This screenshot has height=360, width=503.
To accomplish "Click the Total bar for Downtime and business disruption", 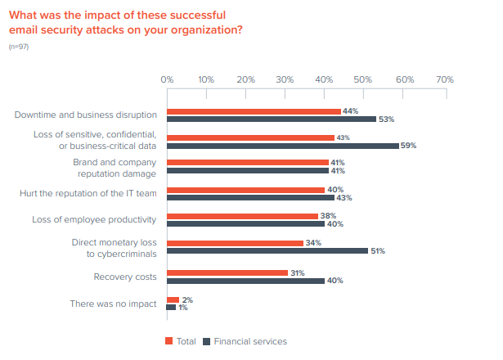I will coord(254,110).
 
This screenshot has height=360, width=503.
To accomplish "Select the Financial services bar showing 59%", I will coord(283,146).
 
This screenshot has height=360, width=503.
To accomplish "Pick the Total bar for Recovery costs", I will coord(227,272).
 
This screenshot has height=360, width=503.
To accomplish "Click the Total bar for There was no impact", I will coord(172,299).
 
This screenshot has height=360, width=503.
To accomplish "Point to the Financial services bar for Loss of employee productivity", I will coord(245,224).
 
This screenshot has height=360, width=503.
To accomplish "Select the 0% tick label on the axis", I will coord(167,80).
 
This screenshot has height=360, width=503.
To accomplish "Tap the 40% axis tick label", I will coord(325,80).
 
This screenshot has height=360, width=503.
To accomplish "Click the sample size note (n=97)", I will coord(17,47).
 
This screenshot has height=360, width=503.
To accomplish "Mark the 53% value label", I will coord(387,119).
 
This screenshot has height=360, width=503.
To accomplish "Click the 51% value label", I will coord(377,251).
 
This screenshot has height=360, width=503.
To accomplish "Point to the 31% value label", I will coord(299,272).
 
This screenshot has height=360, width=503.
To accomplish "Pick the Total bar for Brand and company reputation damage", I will coord(247,163).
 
